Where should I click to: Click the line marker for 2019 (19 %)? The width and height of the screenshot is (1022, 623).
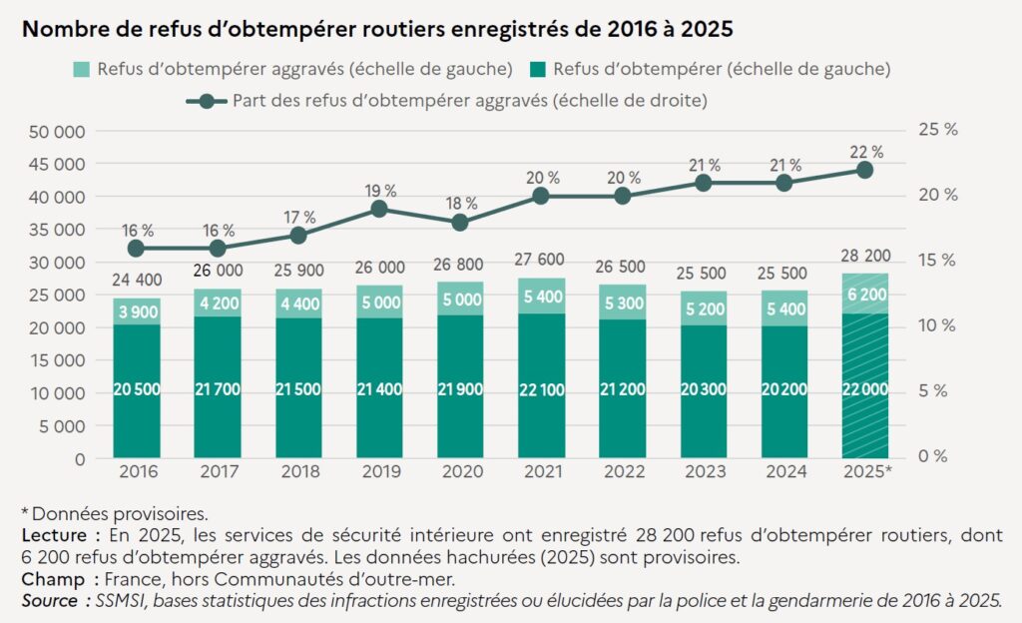point(378,209)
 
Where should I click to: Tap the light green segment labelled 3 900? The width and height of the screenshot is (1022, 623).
point(137,311)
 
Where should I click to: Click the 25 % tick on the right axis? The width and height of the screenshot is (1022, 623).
point(936,130)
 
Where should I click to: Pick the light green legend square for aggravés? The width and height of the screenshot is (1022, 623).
point(82,69)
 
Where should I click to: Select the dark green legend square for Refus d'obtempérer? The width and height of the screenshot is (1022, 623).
point(536,69)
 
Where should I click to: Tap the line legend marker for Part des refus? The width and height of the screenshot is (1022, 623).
point(207,100)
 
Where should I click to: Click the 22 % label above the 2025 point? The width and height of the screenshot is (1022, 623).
point(864,152)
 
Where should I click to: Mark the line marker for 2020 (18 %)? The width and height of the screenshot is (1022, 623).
point(459,223)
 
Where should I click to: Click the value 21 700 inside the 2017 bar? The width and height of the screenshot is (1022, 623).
point(217,389)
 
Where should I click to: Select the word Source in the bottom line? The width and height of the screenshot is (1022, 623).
point(49,600)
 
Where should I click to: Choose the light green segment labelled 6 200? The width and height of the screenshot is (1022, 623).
point(864,294)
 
